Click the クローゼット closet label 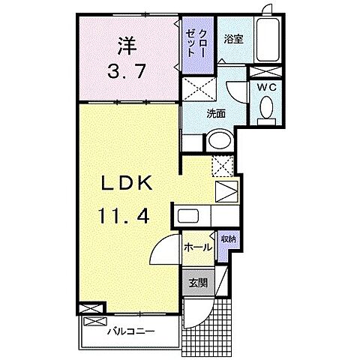pos(201,43)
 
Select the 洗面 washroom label pos(217,113)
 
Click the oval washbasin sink pos(220,140)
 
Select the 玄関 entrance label pos(198,283)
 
